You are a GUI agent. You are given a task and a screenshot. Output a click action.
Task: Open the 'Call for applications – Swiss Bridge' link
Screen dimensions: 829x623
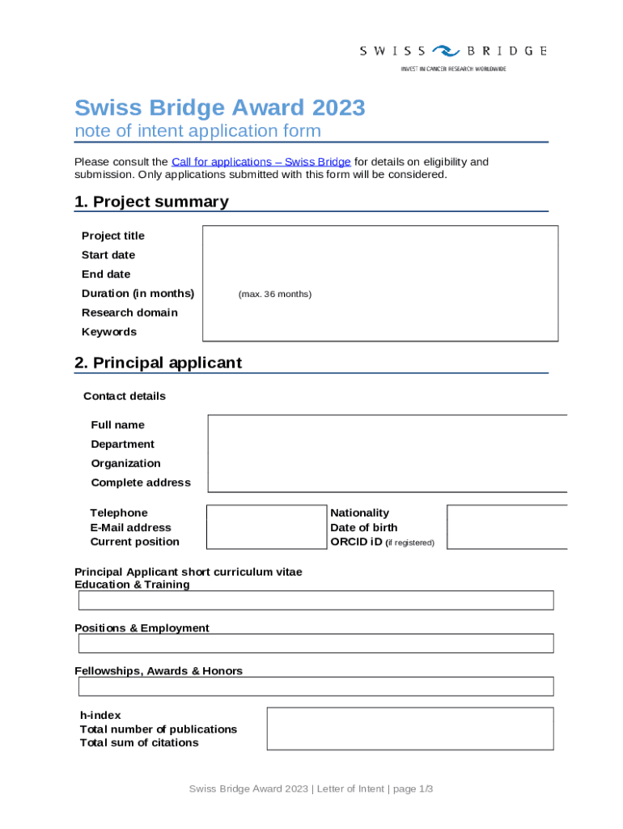coord(261,162)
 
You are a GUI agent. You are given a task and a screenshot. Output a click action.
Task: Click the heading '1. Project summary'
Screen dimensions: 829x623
coord(151,202)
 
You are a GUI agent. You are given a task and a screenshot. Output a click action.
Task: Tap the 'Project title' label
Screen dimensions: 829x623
coord(113,236)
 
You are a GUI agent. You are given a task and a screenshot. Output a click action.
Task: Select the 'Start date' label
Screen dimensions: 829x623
coord(108,255)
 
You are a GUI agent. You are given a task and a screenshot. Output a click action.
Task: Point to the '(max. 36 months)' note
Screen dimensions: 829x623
coord(274,294)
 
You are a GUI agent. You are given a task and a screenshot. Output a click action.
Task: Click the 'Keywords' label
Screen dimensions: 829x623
coord(109,332)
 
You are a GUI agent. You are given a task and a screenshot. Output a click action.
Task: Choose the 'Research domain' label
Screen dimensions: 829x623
coord(129,312)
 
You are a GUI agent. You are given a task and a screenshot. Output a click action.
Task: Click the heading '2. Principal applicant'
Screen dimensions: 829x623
coord(158,363)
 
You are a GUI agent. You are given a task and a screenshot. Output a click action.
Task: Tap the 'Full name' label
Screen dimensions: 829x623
coord(117,425)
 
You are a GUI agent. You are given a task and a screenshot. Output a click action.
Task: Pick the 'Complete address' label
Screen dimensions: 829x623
coord(141,483)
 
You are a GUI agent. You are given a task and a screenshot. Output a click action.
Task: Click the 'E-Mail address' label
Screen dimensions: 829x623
coord(130,528)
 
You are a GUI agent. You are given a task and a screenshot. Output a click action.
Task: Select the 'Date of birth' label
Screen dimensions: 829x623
coord(364,528)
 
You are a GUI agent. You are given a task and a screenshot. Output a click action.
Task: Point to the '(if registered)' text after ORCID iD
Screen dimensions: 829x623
coord(410,542)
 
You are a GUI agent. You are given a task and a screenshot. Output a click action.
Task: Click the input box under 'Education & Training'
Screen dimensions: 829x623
coord(316,600)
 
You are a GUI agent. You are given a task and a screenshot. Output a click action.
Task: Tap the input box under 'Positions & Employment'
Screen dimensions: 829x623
coord(316,643)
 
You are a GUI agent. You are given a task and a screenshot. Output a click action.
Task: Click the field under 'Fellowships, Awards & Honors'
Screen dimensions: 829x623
coord(316,687)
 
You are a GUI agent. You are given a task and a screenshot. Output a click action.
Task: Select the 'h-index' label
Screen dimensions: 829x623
coord(100,716)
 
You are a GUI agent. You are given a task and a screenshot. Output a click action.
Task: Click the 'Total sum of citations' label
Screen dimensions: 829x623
coord(139,743)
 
